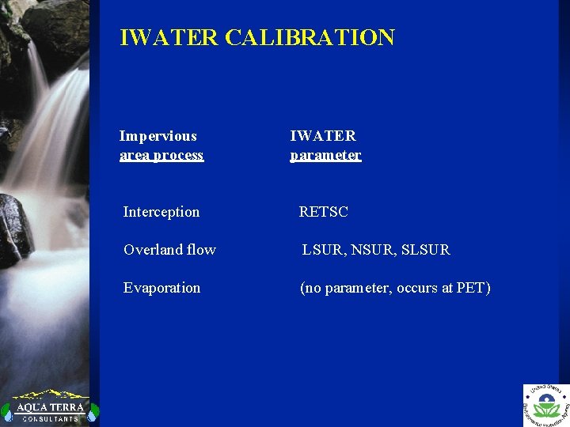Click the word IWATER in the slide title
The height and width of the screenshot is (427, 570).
click(x=169, y=37)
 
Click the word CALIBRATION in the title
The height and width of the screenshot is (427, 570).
click(x=310, y=37)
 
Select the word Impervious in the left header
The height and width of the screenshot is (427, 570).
click(x=158, y=136)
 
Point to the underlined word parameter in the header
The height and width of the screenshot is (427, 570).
click(x=325, y=155)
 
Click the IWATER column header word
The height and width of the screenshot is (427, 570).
click(x=323, y=136)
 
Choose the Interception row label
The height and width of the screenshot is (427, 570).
click(x=161, y=212)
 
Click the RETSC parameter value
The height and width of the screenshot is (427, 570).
click(x=323, y=212)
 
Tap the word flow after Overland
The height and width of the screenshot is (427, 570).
click(x=201, y=250)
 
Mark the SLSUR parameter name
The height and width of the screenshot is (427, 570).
click(x=426, y=250)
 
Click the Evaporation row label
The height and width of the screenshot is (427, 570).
click(x=161, y=288)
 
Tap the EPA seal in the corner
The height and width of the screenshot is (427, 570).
click(x=546, y=406)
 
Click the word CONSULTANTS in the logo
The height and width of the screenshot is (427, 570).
click(x=50, y=418)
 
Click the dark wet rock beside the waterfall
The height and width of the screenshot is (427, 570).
click(x=14, y=229)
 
